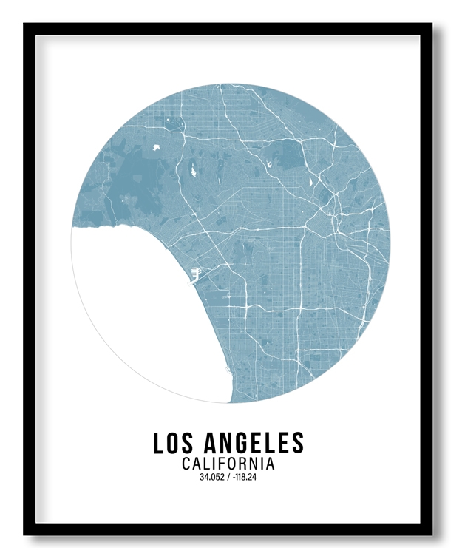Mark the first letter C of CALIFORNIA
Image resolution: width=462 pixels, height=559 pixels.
coord(186,464)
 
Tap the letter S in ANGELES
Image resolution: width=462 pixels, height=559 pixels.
coord(297,443)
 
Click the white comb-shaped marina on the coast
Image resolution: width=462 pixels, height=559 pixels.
coord(194,274)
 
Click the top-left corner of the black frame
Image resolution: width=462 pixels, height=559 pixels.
coord(25,25)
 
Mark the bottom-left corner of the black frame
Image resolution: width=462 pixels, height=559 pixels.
coord(25,533)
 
